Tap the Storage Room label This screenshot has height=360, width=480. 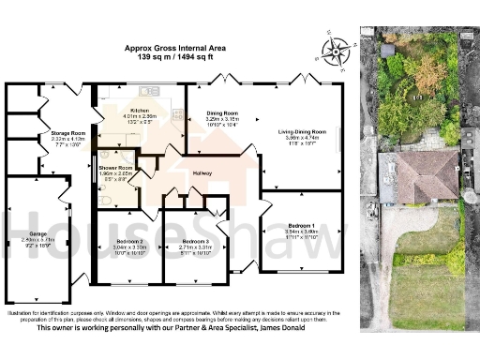tap(67, 134)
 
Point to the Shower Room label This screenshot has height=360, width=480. tap(116, 168)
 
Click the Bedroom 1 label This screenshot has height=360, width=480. tap(301, 226)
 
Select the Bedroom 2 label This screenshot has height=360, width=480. tap(128, 242)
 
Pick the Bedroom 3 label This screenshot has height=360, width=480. tap(195, 243)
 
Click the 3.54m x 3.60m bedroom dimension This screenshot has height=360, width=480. tap(301, 232)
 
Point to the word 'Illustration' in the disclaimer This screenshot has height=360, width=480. tap(20, 311)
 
